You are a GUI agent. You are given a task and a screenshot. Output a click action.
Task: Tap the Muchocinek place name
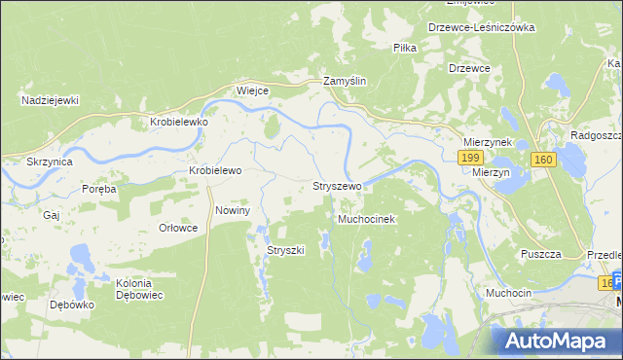click(365, 220)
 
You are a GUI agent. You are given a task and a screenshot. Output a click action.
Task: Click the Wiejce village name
click(252, 90)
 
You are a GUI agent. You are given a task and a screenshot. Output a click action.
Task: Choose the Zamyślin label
click(345, 83)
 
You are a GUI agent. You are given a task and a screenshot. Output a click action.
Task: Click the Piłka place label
click(405, 47)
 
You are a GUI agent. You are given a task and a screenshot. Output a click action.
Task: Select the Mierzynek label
click(488, 140)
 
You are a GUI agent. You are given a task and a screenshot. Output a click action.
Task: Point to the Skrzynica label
click(48, 161)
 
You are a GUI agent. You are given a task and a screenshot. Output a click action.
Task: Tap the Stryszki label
click(286, 250)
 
